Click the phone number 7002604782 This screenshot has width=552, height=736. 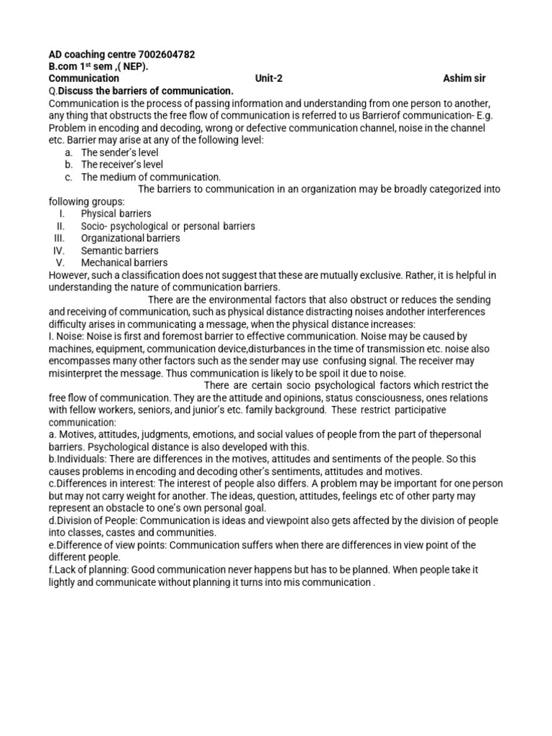pos(166,55)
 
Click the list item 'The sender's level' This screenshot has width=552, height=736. pos(119,152)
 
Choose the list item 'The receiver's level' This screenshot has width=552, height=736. pos(122,165)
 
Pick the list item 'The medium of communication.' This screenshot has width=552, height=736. pos(151,177)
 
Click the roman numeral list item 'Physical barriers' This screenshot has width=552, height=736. pos(116,213)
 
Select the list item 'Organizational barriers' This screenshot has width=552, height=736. pos(130,238)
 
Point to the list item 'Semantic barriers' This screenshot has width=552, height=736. pos(119,250)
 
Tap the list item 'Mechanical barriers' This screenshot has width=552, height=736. pos(124,262)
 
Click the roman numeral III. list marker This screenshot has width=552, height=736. pos(60,238)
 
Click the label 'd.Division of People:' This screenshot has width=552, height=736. pos(95,520)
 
